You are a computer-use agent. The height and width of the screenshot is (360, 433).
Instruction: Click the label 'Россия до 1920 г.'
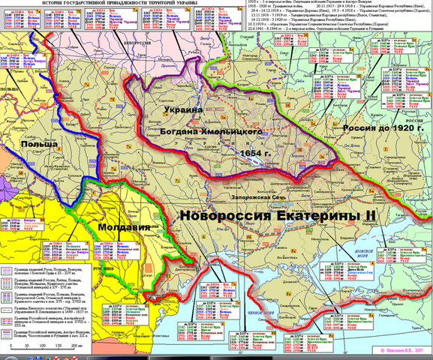coord(380,129)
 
